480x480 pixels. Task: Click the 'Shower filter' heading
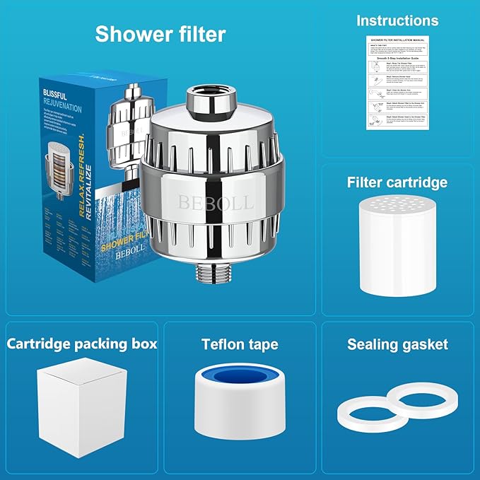click(x=160, y=34)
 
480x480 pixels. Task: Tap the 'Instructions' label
click(x=397, y=21)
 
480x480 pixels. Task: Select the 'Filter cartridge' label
click(x=397, y=182)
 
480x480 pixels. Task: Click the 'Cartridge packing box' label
click(x=82, y=344)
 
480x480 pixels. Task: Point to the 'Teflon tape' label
click(x=240, y=345)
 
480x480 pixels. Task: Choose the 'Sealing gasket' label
click(x=397, y=345)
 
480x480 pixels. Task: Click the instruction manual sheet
click(x=397, y=83)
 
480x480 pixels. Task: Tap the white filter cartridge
click(x=397, y=247)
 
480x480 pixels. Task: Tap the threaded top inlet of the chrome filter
click(x=207, y=102)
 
